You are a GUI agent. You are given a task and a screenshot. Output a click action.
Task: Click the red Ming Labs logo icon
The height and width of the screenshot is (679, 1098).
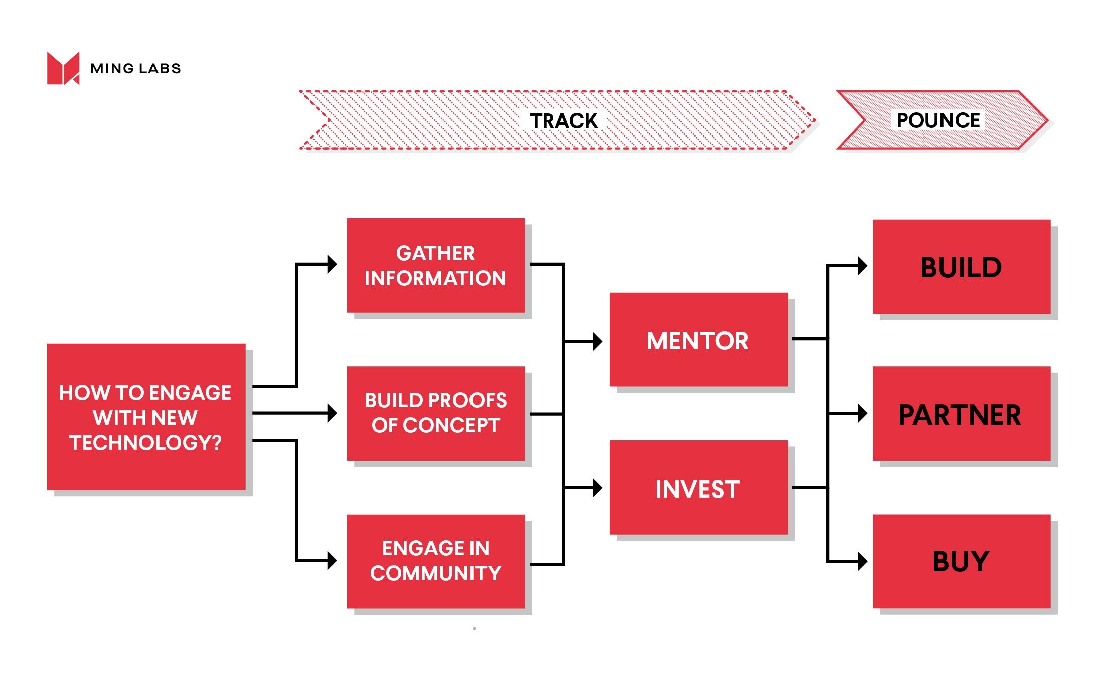63,68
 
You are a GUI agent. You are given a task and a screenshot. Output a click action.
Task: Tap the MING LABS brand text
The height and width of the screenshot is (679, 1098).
135,68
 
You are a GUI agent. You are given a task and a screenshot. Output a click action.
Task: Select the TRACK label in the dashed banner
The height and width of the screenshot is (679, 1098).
563,121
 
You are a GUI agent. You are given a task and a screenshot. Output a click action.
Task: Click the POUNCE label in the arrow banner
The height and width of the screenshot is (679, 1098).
937,120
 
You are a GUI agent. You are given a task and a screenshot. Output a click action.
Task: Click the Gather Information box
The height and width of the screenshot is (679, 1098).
435,265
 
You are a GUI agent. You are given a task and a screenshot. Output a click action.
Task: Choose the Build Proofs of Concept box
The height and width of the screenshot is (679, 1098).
435,413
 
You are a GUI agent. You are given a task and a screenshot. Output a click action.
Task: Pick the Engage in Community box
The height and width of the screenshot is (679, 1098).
435,561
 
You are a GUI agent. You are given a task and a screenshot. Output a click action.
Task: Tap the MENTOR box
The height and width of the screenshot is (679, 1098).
698,339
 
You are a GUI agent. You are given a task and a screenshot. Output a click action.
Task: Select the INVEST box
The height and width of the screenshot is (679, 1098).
698,488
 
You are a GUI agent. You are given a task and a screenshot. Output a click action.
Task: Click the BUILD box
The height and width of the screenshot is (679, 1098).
961,267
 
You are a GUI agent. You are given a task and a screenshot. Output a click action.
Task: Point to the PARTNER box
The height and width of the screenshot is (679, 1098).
961,413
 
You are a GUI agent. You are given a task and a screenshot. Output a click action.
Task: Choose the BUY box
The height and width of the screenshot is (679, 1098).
961,561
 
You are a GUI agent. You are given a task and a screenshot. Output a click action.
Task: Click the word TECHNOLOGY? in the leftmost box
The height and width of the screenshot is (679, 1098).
145,443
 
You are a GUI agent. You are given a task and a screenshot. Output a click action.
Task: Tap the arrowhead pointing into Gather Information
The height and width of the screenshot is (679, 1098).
332,264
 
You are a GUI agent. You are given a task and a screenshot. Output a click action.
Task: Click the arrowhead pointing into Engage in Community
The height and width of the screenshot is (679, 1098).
332,560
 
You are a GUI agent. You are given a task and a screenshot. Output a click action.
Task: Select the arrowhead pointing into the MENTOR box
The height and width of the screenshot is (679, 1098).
597,341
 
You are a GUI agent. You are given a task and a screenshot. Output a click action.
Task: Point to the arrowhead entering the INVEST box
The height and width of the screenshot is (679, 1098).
597,487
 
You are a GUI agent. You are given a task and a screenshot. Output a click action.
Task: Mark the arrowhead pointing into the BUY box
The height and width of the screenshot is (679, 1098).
862,561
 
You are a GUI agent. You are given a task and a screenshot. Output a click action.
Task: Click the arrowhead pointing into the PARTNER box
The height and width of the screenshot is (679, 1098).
862,413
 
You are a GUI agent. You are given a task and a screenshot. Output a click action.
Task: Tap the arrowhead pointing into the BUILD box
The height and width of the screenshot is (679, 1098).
862,266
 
